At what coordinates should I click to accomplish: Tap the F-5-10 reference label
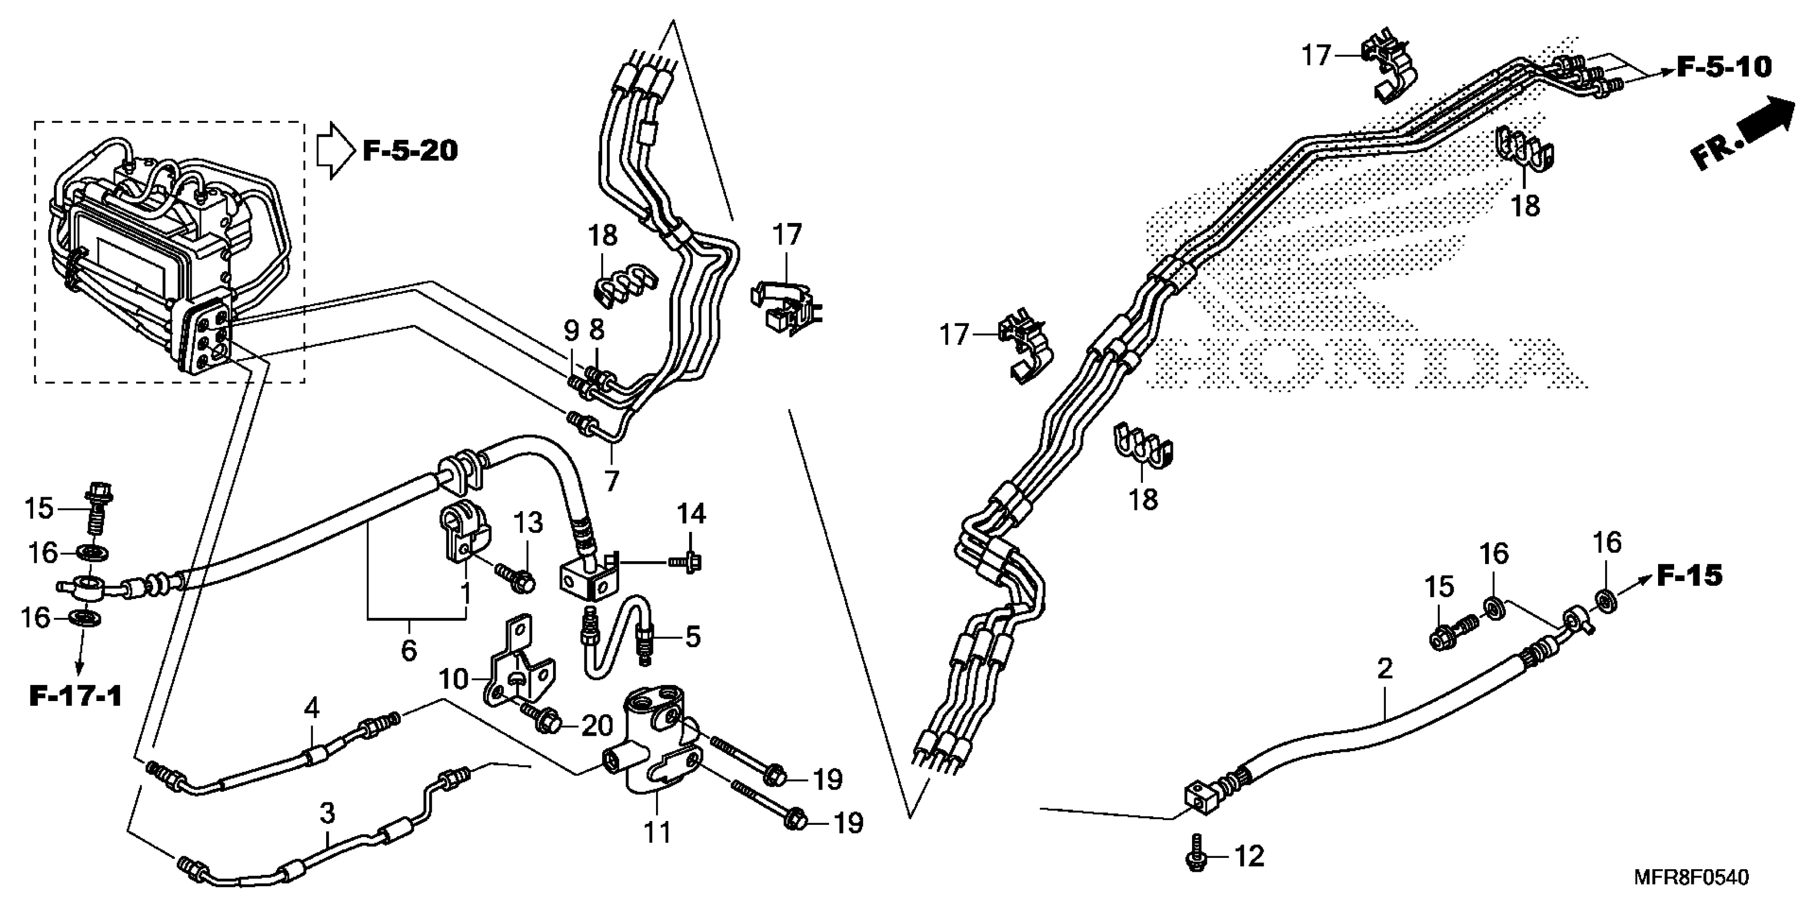pos(1723,68)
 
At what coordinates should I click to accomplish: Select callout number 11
pos(657,833)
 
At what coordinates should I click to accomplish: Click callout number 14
pos(691,514)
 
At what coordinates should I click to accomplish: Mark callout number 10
pos(453,680)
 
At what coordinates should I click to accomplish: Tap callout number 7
pos(612,481)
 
